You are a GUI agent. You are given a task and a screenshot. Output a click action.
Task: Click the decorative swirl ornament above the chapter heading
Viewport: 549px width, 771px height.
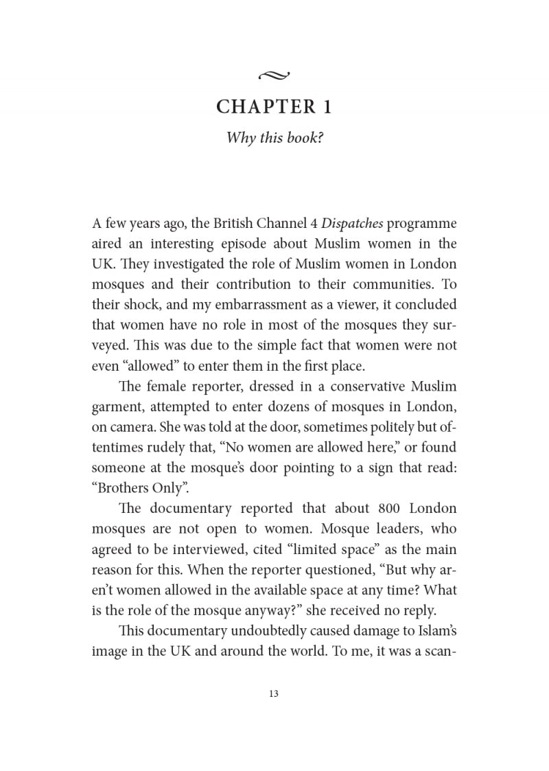tap(275, 75)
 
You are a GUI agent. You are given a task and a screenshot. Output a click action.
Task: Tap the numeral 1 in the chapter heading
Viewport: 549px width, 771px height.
tap(327, 107)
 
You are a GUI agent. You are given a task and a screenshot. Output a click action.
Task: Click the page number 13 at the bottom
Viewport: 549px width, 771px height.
tap(274, 693)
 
